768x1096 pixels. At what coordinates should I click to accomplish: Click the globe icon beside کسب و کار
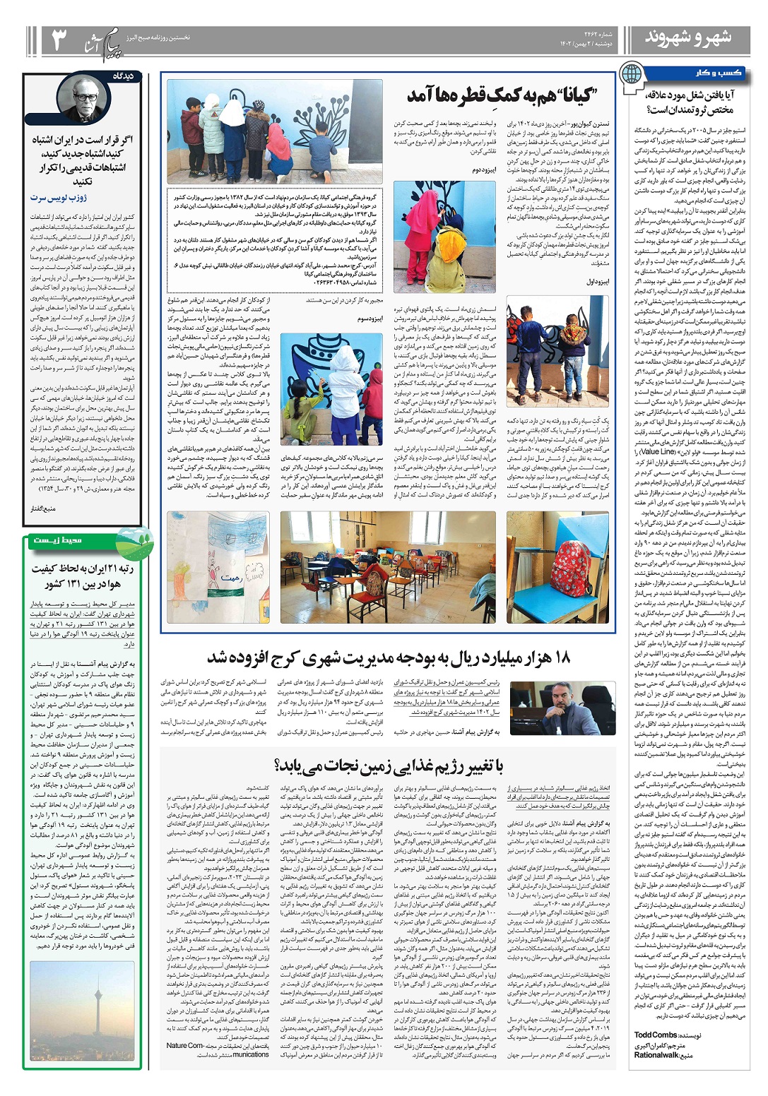[631, 73]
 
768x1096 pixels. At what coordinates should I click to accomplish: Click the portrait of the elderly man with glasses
[84, 98]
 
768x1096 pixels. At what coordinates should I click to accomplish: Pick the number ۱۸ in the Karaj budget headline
[562, 658]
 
